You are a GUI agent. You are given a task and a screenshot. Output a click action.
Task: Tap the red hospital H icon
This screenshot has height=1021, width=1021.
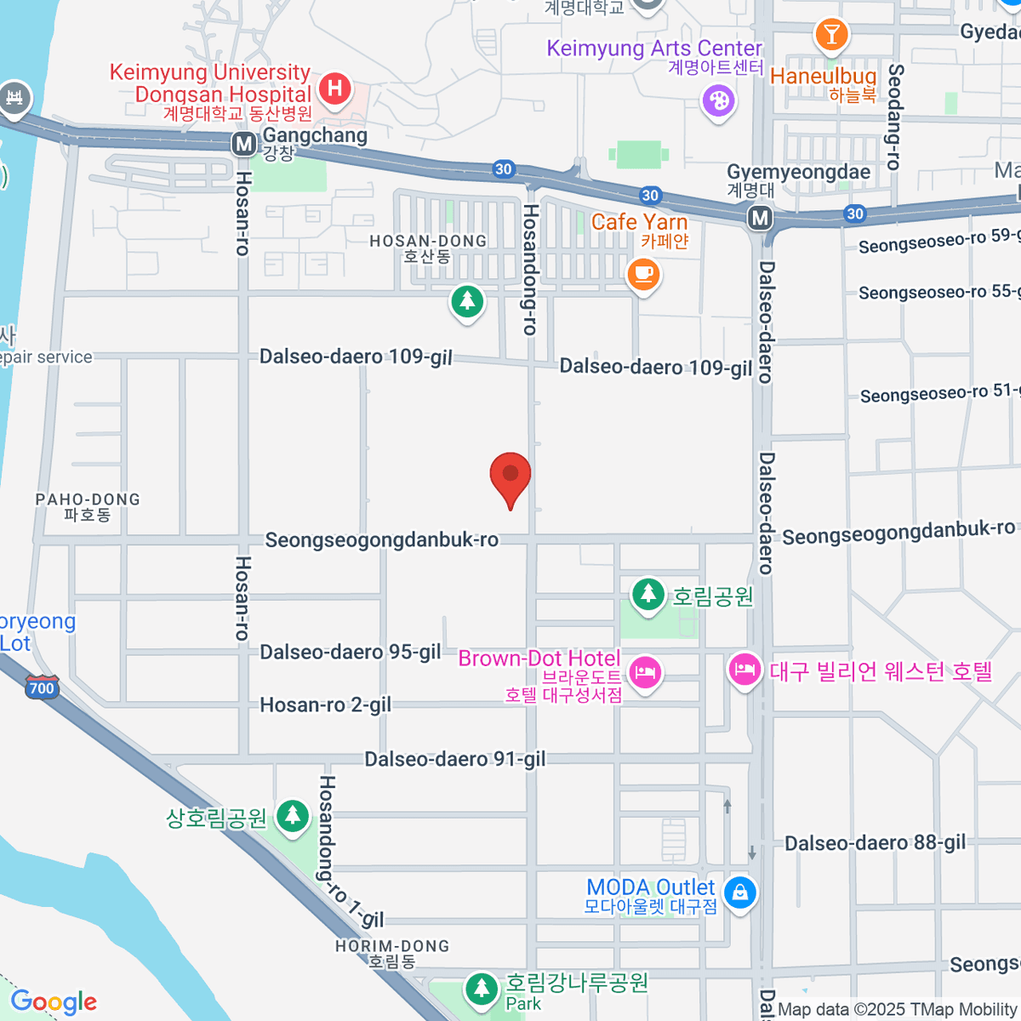[335, 88]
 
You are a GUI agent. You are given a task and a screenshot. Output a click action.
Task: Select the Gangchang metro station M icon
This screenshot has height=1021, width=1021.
[244, 144]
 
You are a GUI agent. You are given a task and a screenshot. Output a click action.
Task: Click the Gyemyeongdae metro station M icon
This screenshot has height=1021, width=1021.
[760, 219]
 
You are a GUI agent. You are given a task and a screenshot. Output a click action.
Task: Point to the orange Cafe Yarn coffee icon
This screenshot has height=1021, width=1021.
[644, 274]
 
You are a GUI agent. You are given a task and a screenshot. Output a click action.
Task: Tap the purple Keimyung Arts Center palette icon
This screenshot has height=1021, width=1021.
[718, 102]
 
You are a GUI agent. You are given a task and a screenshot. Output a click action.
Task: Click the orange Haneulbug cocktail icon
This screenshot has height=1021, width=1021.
[831, 35]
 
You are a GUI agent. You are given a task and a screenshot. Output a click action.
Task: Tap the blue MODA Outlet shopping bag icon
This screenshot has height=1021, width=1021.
[741, 893]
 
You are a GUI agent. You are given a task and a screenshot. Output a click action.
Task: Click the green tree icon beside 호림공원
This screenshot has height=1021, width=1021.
[648, 592]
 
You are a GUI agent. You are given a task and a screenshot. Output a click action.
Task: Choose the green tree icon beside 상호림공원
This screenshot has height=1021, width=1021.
[293, 815]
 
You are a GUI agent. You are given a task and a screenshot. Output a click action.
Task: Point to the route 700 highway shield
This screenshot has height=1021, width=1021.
[42, 687]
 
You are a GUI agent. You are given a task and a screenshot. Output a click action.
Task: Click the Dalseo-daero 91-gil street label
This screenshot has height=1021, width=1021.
[455, 759]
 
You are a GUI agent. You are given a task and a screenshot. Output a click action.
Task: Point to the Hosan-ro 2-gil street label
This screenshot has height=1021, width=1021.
[326, 705]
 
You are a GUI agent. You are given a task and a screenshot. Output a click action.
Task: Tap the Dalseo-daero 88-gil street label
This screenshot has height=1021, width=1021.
[875, 843]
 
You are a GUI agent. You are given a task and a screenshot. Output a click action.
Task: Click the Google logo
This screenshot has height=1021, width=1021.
[54, 1002]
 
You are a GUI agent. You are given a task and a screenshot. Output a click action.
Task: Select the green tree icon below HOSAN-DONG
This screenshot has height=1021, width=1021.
[466, 301]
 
